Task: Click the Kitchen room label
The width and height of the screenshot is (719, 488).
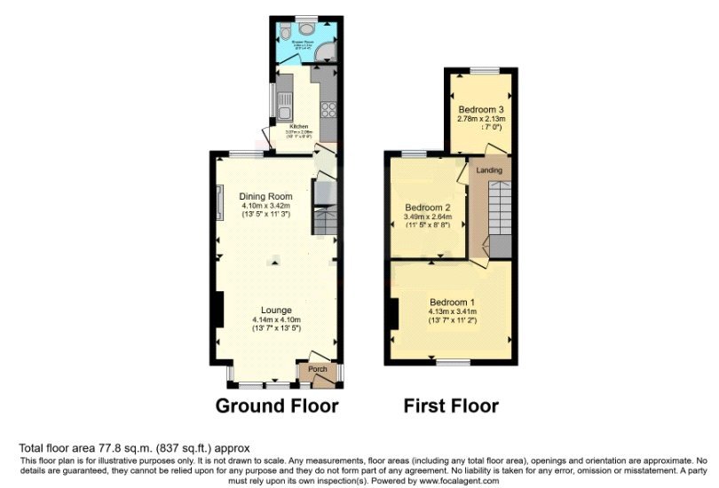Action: [x=298, y=126]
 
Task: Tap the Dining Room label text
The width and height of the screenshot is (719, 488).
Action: [x=265, y=196]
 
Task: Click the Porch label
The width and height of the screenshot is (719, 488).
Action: [x=317, y=369]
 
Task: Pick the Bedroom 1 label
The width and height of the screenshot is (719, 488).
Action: [x=452, y=301]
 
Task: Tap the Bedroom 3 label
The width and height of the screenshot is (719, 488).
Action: [x=480, y=109]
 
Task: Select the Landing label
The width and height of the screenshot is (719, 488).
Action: [x=489, y=169]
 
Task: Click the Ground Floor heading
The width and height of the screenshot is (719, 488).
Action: [x=278, y=406]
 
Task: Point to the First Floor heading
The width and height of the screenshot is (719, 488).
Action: [x=451, y=406]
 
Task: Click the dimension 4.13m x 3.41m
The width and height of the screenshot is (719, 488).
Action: [x=453, y=311]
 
